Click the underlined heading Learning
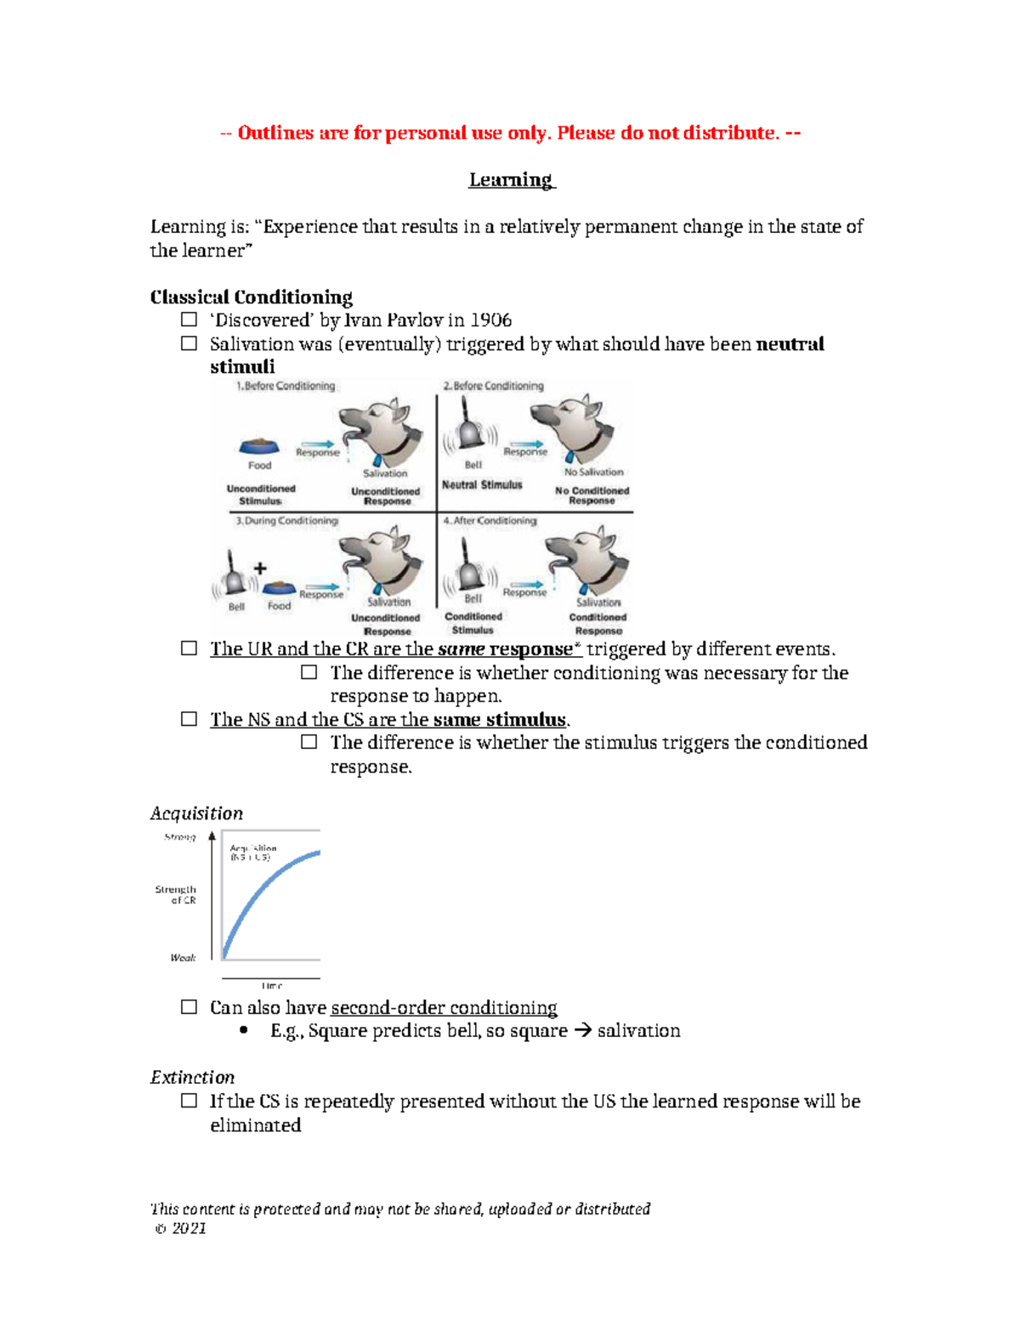[x=511, y=180]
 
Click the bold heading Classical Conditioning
[x=251, y=297]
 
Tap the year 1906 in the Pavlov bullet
[x=490, y=320]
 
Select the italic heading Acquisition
[x=196, y=813]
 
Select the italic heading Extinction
[x=192, y=1077]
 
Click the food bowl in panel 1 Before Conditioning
[x=259, y=445]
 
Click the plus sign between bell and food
[x=260, y=568]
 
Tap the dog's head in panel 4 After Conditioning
[x=586, y=557]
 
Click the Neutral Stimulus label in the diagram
[x=482, y=484]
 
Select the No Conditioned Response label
[x=592, y=496]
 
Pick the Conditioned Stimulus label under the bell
[x=473, y=623]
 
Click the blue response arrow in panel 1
[x=316, y=444]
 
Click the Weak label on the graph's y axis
[x=183, y=958]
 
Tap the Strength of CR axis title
[x=176, y=894]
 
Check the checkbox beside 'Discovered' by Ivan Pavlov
[x=189, y=320]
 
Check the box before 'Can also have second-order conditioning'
[x=189, y=1007]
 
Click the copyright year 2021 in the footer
[x=190, y=1228]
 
